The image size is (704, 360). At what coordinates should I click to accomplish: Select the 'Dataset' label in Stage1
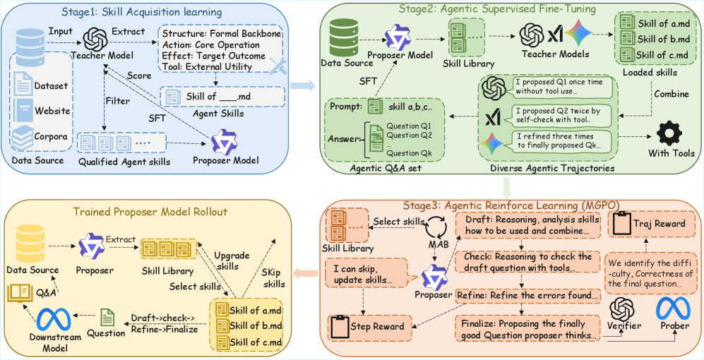click(x=51, y=85)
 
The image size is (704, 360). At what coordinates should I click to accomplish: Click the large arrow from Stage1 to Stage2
click(x=302, y=85)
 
